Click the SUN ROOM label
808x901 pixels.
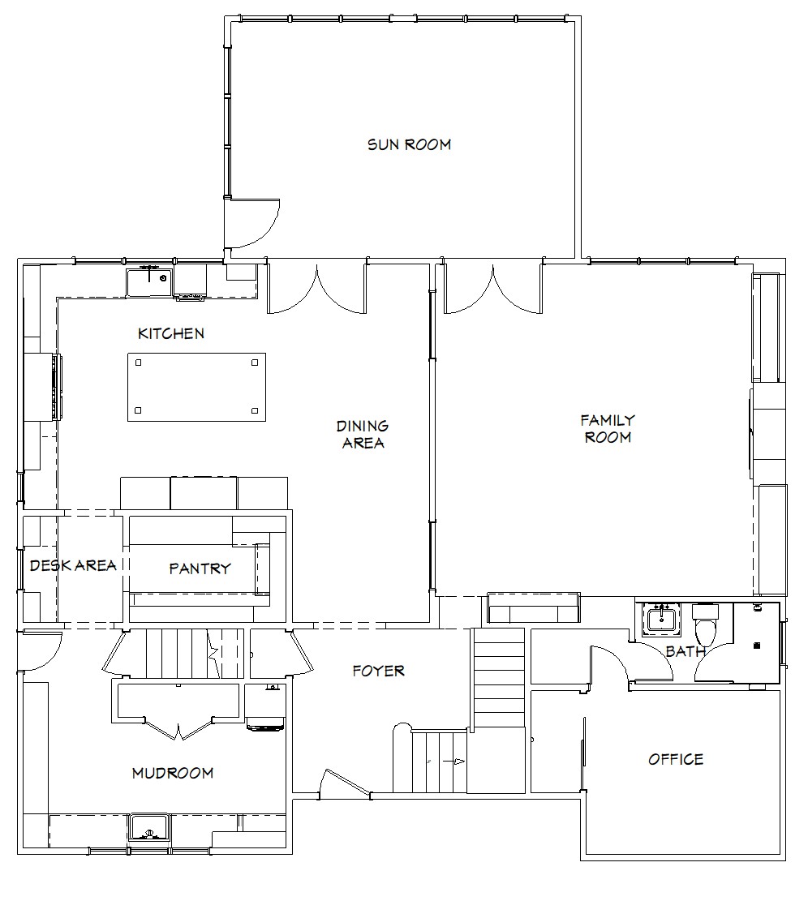pos(409,144)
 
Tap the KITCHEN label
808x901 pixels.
pos(171,333)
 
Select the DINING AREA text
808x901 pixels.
pos(363,435)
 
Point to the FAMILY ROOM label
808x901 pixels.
pos(608,429)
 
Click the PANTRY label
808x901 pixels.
pos(200,568)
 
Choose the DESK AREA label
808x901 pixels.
pos(73,565)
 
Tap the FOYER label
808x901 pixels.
pos(379,671)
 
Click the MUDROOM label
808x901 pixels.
pos(173,773)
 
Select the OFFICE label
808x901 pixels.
pos(676,760)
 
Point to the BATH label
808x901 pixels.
pos(686,651)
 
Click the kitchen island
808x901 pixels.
pos(196,387)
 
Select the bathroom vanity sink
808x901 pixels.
pos(661,620)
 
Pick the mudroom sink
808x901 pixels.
pos(148,827)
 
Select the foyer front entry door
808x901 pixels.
pos(345,783)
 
